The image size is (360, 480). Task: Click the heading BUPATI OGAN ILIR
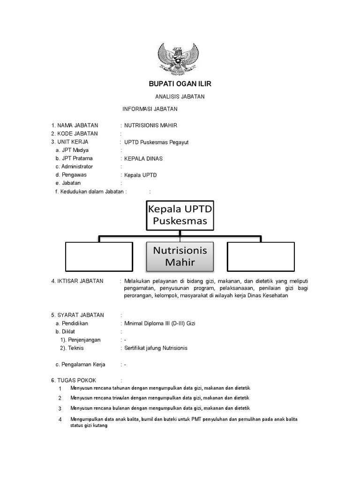(x=180, y=84)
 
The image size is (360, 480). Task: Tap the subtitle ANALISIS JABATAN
(x=180, y=97)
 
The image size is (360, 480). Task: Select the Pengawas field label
(x=74, y=175)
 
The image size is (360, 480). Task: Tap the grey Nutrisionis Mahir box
(x=180, y=256)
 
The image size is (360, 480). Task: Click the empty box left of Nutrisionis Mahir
(x=99, y=257)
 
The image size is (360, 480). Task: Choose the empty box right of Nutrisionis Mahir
(x=261, y=257)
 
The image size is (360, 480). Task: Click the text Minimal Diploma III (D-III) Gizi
(x=159, y=323)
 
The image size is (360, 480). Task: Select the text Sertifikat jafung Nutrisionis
(x=156, y=348)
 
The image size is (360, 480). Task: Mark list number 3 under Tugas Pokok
(x=60, y=409)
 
